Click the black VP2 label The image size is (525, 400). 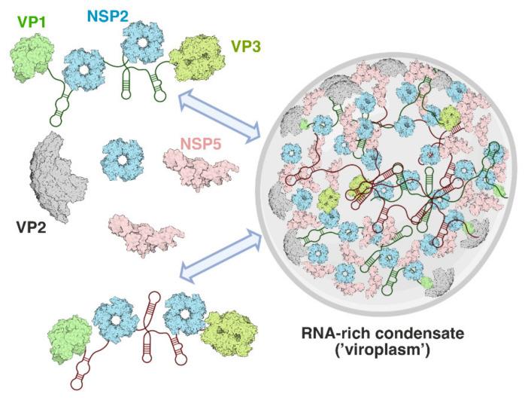pos(35,224)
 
